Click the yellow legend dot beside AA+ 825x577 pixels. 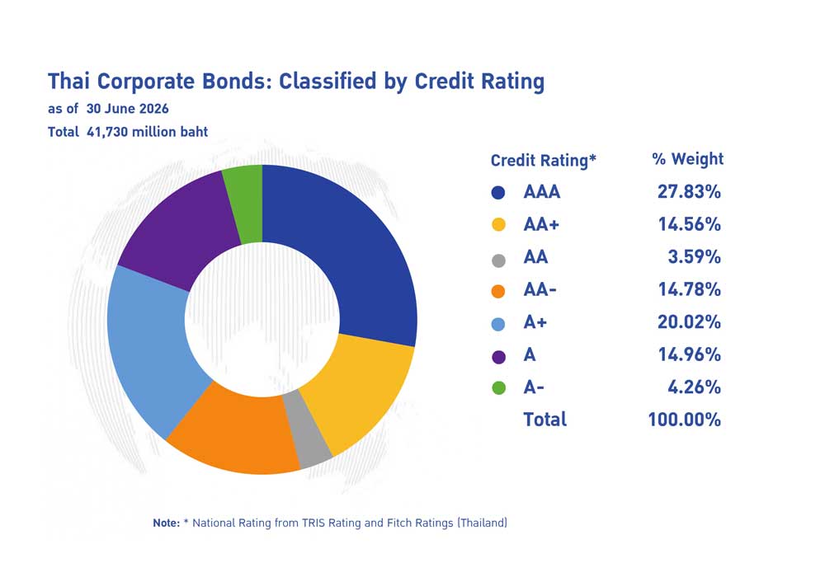(498, 225)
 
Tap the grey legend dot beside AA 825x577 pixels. (498, 260)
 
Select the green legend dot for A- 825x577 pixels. (498, 388)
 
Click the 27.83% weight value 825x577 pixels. (689, 192)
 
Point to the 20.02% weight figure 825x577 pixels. (689, 321)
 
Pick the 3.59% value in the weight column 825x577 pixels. (694, 257)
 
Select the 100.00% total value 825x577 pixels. (684, 420)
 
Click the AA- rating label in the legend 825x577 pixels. (540, 289)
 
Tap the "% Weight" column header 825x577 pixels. (688, 159)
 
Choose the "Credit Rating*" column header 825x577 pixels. (543, 160)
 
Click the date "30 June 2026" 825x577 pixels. (127, 109)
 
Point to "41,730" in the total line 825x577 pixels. (107, 132)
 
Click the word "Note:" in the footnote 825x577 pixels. (167, 523)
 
